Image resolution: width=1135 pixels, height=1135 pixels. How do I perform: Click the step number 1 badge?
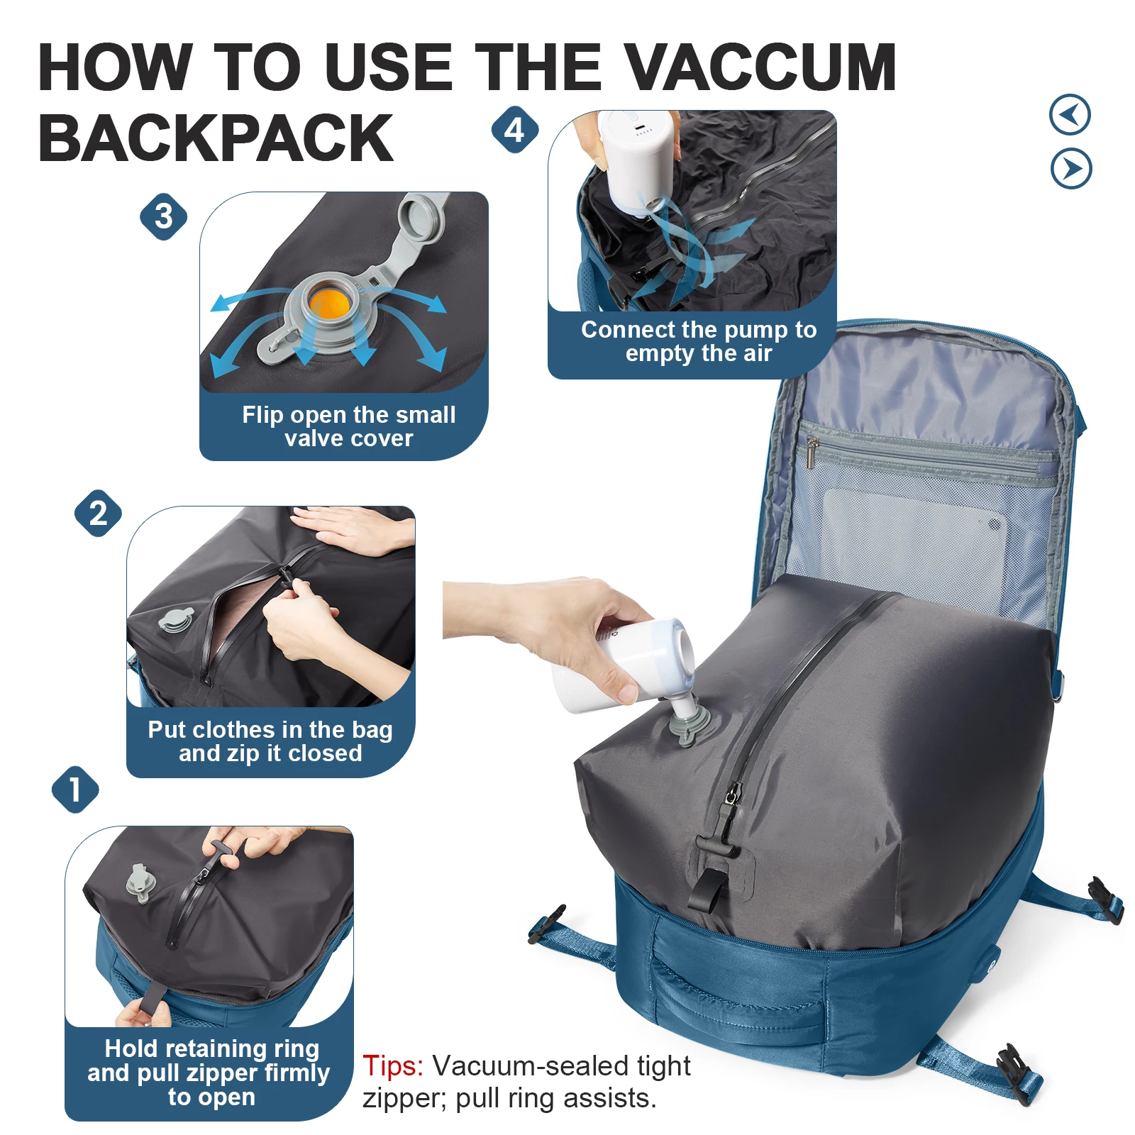pos(75,790)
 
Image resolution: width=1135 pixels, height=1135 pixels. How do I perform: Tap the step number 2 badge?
pos(98,513)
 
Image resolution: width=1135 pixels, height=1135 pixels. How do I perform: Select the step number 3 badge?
pos(163,216)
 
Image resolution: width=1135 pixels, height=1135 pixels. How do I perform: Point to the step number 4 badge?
pos(514,130)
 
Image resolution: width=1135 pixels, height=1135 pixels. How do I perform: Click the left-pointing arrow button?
pos(1070,114)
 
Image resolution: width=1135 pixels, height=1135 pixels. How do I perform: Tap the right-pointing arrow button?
pos(1071,169)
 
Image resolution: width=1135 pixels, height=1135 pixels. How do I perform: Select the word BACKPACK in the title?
pos(216,138)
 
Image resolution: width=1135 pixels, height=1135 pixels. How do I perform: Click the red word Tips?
pos(392,1065)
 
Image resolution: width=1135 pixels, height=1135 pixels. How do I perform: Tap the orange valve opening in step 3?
pos(330,304)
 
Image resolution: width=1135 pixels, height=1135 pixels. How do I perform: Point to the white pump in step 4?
pos(636,160)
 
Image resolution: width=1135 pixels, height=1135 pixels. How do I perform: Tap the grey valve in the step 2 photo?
pos(175,620)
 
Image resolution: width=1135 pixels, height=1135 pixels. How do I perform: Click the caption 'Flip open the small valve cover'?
pos(348,426)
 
